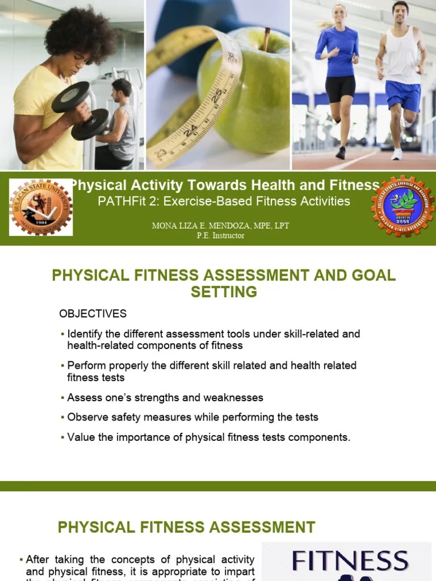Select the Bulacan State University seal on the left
coord(41,207)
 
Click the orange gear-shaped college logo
coord(403,206)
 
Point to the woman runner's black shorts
coord(341,88)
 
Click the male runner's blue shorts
coord(402,94)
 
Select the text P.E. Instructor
coord(220,235)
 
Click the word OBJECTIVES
coord(93,314)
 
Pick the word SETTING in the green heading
coord(224,292)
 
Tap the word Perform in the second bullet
coord(86,365)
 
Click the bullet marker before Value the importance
coord(62,437)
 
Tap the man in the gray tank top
coord(120,122)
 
